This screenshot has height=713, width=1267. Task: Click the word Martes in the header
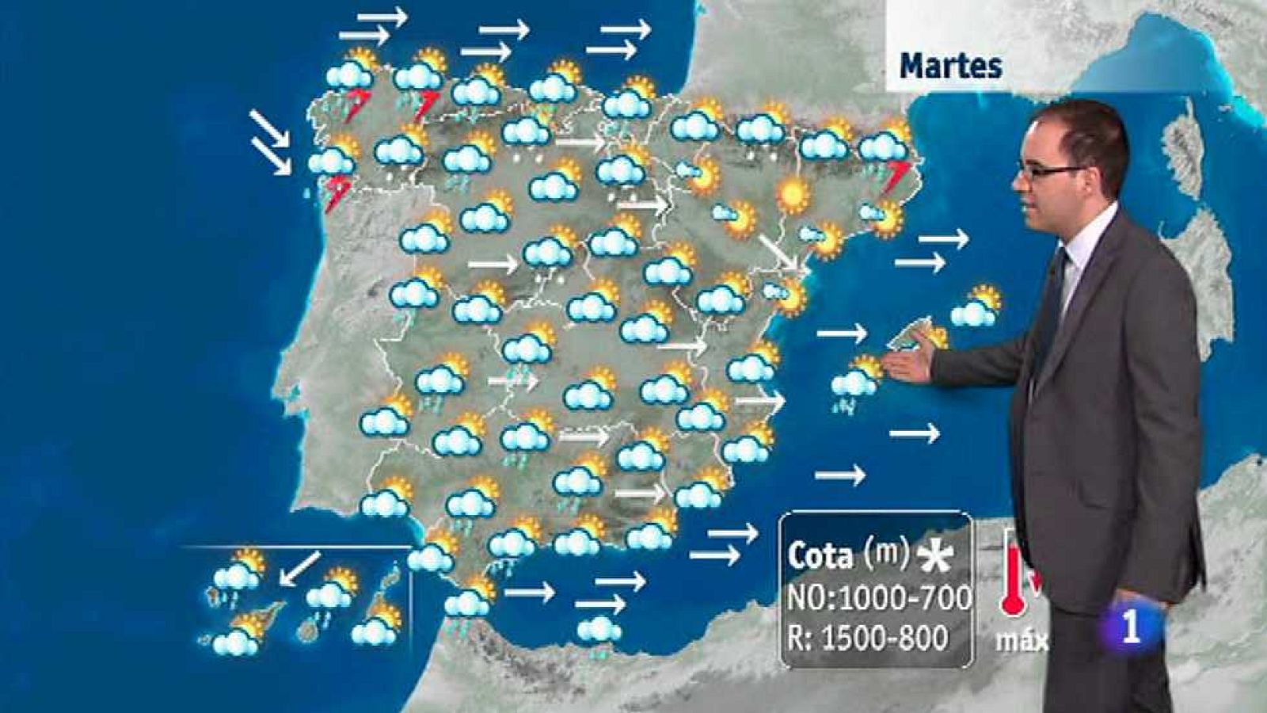point(951,66)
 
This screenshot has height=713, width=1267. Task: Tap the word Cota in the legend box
point(820,556)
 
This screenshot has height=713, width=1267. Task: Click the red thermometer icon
point(1012,574)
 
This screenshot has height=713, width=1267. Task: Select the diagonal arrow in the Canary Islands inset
point(300,568)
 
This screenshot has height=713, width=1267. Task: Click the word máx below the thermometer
point(1022,639)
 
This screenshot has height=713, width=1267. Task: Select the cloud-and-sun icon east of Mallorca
point(976,307)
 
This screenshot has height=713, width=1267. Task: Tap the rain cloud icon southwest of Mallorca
point(855,382)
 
